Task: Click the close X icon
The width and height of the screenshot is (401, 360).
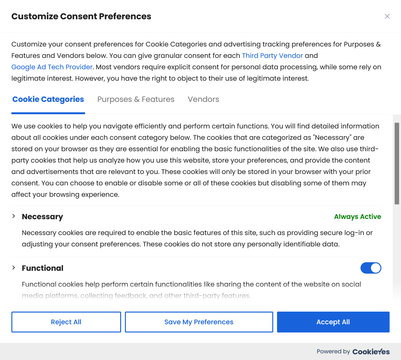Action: (x=387, y=16)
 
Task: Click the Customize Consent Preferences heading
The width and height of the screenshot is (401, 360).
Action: (x=81, y=16)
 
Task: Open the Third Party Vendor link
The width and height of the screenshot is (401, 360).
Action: (x=272, y=56)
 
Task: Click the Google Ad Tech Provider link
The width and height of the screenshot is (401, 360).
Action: (x=52, y=67)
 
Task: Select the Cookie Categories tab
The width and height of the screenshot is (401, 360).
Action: (x=48, y=99)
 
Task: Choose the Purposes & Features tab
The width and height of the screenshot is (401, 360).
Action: (x=136, y=99)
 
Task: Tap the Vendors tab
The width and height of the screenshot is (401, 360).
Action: (x=203, y=99)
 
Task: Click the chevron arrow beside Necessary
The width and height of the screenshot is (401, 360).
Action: (x=14, y=216)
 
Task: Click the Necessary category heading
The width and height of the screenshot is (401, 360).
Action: (x=42, y=217)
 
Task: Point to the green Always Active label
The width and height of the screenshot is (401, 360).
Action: (x=357, y=217)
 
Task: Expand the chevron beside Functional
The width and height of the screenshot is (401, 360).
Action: (x=14, y=268)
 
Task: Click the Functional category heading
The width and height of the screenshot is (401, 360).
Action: (x=43, y=268)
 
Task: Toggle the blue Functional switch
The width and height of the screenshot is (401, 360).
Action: (x=371, y=268)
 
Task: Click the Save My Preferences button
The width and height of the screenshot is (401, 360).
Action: (x=199, y=322)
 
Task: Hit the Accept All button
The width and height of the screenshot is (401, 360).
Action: (x=333, y=322)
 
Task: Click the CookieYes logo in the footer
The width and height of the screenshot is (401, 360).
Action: (x=371, y=352)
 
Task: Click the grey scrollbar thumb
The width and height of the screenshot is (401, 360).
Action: (x=397, y=163)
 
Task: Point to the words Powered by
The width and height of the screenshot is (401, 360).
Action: (x=333, y=351)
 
